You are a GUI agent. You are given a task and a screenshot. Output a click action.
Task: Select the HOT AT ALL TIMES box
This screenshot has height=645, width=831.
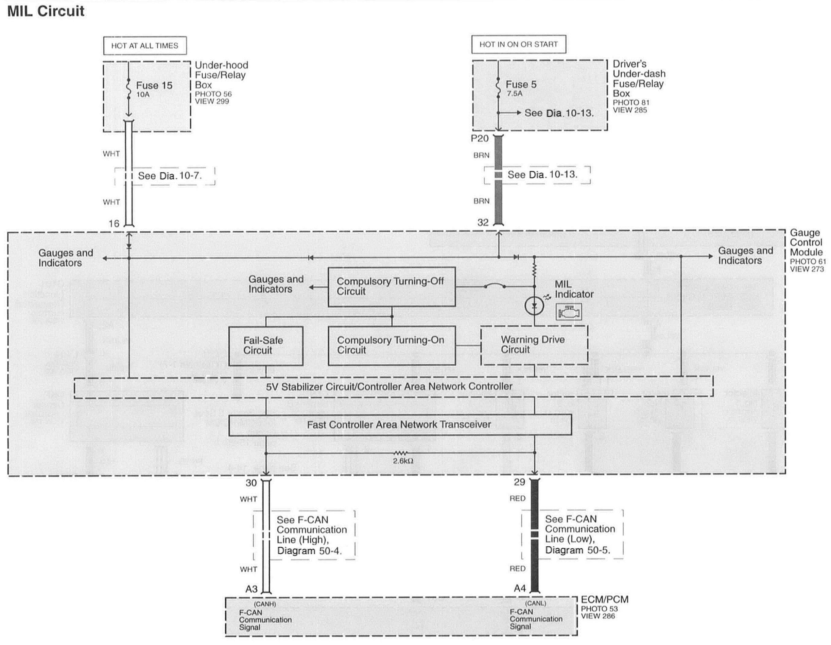pos(144,46)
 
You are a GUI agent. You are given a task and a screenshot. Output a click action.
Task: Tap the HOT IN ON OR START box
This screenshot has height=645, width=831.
pos(518,45)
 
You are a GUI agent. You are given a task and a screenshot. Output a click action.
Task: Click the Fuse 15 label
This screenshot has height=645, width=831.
pos(154,86)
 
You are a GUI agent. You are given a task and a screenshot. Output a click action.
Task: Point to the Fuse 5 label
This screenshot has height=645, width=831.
pos(521,84)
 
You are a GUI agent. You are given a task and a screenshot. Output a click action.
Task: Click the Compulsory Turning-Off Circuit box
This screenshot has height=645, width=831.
pos(391,287)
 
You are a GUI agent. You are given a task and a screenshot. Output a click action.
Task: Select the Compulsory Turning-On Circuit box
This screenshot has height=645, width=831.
pos(391,345)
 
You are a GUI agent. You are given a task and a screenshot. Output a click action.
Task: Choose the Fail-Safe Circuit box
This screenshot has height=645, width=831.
pos(265,346)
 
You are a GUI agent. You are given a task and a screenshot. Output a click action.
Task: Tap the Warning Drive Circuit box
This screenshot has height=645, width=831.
pos(534,345)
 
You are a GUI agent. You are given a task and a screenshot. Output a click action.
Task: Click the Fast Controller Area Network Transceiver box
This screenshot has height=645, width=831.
pos(399,425)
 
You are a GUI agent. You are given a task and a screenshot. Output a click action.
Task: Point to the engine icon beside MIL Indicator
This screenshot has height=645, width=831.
pos(569,312)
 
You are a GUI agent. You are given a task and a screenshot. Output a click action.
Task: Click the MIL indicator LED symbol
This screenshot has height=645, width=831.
pos(534,306)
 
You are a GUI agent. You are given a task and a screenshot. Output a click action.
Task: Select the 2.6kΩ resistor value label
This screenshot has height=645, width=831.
pos(403,461)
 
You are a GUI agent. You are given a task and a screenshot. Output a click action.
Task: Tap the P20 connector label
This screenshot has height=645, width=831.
pos(480,138)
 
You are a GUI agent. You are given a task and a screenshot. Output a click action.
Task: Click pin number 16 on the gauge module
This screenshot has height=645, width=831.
pos(114,224)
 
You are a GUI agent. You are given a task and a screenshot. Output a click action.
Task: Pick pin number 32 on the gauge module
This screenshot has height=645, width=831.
pos(483,222)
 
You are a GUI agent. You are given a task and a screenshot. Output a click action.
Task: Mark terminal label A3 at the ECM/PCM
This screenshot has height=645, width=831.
pos(252,589)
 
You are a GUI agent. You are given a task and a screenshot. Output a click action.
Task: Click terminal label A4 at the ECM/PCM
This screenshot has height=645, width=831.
pos(520,588)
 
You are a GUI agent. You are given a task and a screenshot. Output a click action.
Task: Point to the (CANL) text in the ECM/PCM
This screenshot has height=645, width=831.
pos(535,603)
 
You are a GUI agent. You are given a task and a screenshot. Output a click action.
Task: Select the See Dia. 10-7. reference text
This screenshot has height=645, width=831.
pos(170,176)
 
